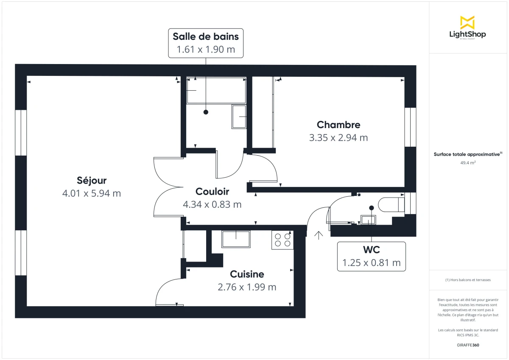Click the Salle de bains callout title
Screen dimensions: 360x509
[x=206, y=36]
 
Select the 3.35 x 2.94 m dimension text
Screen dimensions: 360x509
[x=338, y=138]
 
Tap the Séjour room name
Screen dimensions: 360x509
[x=92, y=180]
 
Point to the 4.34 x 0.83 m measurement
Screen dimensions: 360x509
[x=212, y=204]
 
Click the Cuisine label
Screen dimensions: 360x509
[x=247, y=274]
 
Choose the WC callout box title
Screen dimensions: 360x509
[x=371, y=250]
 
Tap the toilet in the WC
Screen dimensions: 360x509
[x=391, y=205]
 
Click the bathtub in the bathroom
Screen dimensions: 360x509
[x=216, y=90]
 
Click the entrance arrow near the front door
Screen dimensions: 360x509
[x=319, y=235]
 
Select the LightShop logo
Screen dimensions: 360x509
[x=467, y=28]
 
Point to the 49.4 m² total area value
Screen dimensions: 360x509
[x=467, y=162]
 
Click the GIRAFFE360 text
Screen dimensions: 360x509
[x=467, y=345]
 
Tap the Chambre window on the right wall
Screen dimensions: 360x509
[x=410, y=127]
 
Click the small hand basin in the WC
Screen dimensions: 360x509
[x=368, y=220]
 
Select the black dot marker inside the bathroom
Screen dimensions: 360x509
[x=206, y=112]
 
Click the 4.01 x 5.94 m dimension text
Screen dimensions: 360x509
[x=92, y=193]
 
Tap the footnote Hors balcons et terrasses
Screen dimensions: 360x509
[x=467, y=280]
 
